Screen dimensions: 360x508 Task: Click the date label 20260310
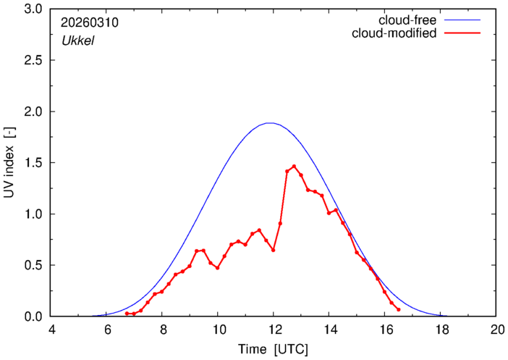(90, 22)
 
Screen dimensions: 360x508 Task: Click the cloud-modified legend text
(394, 33)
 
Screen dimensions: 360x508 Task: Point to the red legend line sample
(465, 33)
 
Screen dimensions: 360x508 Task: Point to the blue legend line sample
(465, 20)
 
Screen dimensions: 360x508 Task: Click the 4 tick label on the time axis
(51, 329)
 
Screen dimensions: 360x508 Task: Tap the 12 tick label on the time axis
(274, 329)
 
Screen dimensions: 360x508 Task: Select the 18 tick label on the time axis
(440, 329)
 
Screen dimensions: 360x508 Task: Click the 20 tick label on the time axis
(496, 329)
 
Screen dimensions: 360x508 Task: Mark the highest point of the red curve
(294, 166)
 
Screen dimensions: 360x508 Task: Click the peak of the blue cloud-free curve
(270, 123)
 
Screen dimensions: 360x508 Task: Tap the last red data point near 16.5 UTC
(398, 309)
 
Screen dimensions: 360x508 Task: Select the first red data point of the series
(127, 314)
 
